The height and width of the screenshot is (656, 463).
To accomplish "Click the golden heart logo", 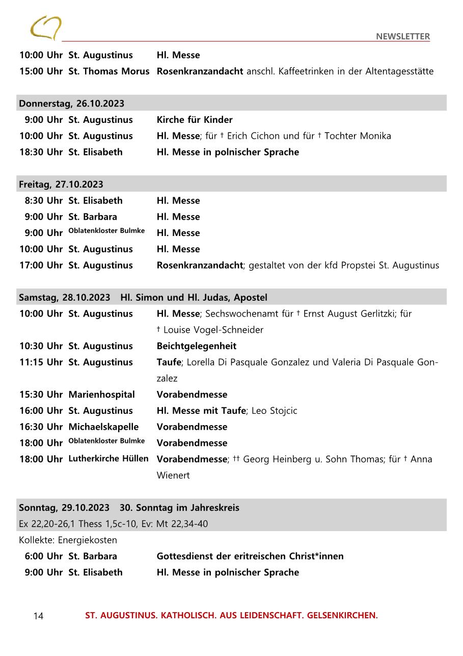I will pos(46,28).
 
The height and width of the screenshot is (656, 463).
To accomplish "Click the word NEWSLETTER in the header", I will pos(403,36).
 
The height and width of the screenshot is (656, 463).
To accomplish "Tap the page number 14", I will pos(38,616).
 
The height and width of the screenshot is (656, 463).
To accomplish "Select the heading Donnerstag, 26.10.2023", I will pos(72,103).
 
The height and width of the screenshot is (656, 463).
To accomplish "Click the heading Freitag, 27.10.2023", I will pos(61,184).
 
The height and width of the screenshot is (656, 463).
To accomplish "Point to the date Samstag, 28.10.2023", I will pos(65,297).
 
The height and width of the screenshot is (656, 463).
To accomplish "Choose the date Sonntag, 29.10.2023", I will pos(64,508).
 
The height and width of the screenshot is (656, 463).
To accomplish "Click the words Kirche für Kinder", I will pos(195,120).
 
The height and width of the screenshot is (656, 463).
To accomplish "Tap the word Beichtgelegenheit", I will pos(197,346).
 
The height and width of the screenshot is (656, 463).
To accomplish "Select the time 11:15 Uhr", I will pos(41,362).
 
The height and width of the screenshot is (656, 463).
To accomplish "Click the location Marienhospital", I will pos(102,395).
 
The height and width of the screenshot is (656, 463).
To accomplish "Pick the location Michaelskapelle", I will pos(103,427).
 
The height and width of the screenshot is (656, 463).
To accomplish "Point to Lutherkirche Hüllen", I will pos(108,459).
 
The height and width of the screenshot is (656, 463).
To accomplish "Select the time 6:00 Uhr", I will pos(44,556).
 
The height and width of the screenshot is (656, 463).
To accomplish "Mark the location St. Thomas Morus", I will pos(109,71).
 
